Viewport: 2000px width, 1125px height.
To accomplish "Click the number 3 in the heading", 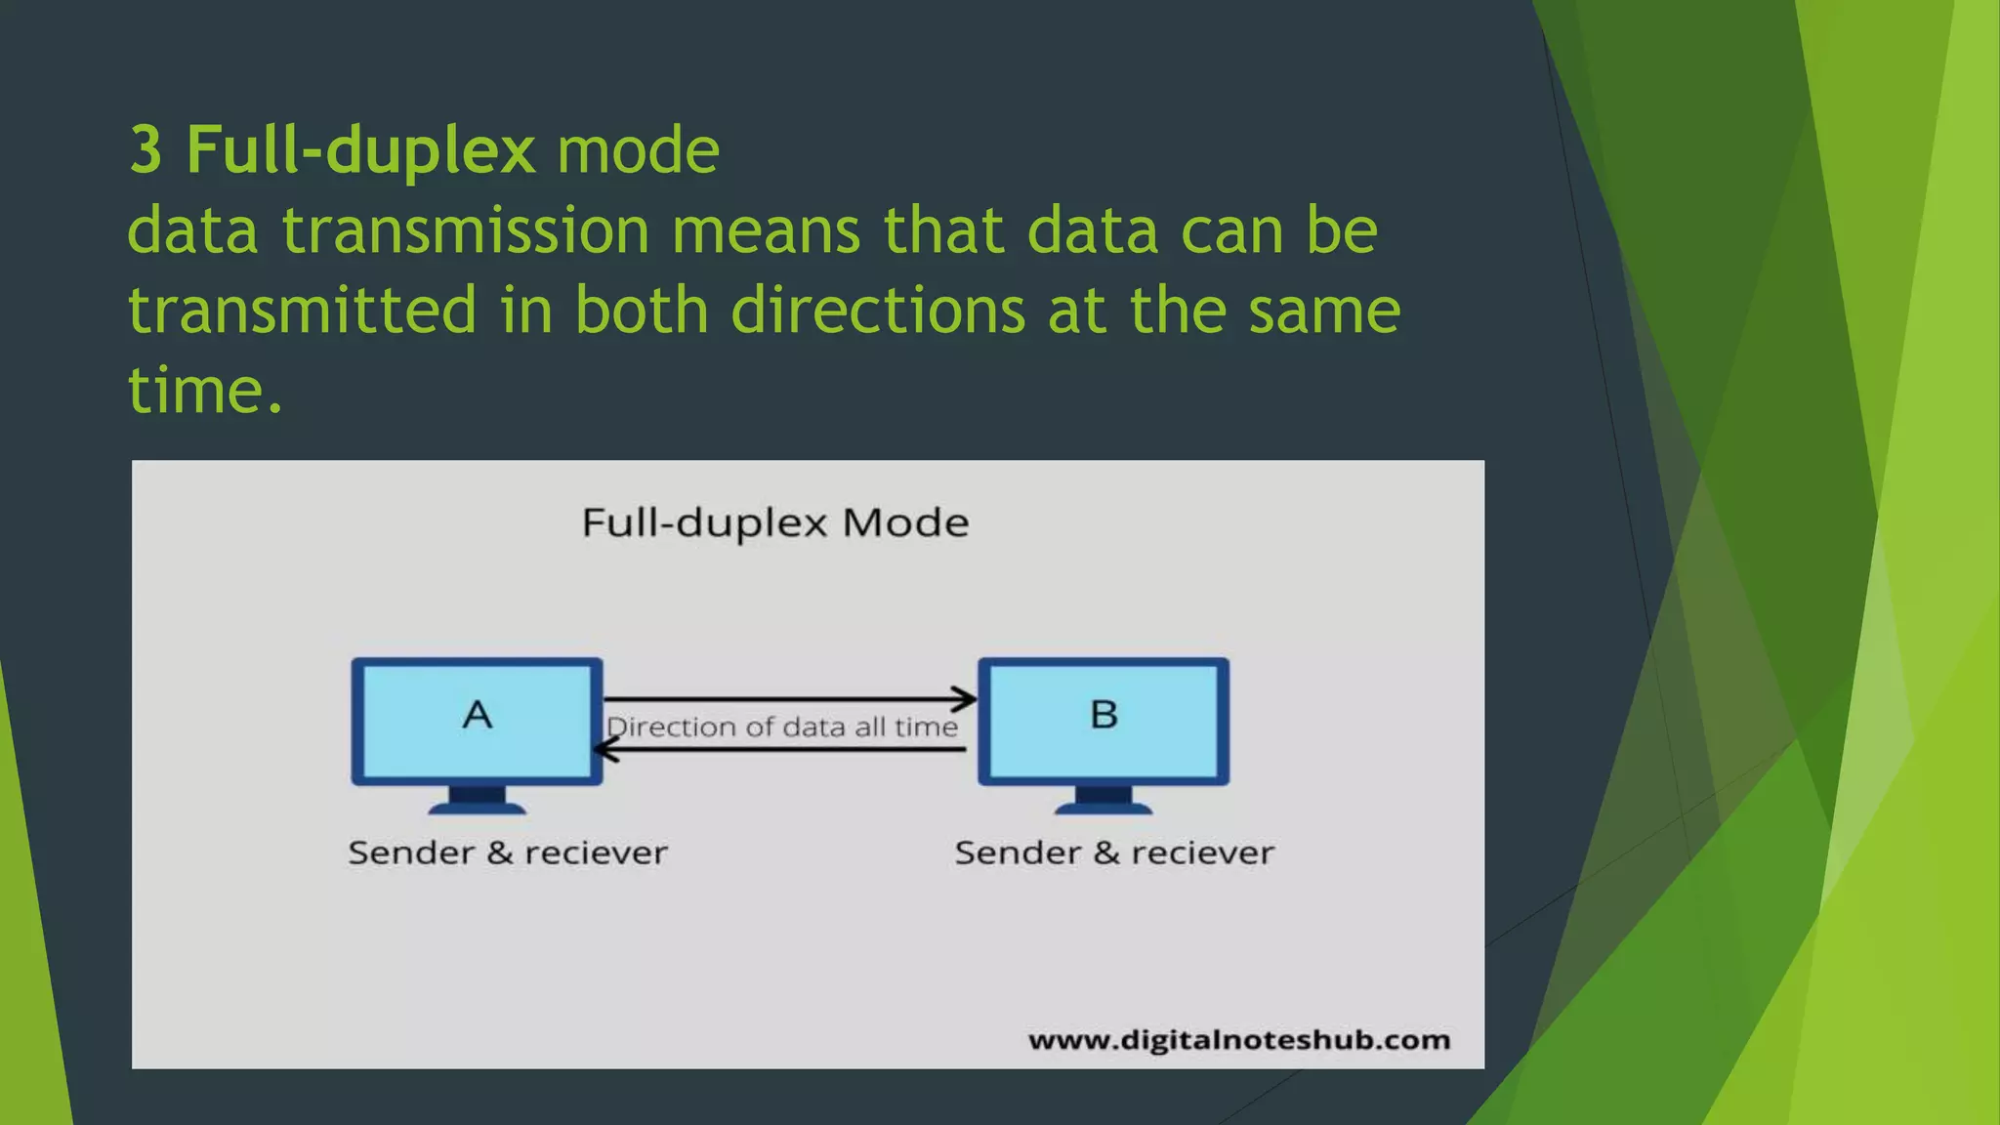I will [145, 150].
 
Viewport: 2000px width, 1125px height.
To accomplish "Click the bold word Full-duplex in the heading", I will [360, 150].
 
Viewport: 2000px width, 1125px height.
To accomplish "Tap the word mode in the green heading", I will [638, 150].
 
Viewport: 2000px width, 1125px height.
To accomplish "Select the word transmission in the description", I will [466, 231].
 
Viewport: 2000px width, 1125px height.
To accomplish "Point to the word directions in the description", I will [878, 311].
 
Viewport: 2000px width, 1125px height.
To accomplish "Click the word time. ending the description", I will [205, 391].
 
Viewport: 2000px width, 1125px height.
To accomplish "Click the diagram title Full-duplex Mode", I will [775, 523].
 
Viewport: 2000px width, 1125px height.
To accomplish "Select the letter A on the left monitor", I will [477, 715].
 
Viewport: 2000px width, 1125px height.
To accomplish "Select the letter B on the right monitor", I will [1104, 715].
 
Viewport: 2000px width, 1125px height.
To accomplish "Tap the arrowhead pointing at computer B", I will [966, 699].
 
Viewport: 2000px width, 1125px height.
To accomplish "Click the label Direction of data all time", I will [782, 727].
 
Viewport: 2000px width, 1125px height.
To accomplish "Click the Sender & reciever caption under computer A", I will [508, 853].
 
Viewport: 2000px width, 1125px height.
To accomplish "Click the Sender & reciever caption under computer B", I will [1114, 853].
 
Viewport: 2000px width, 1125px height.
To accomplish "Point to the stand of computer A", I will [477, 799].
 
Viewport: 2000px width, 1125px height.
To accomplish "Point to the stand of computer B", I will [1104, 799].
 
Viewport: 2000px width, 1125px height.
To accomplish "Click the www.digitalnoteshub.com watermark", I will [1238, 1040].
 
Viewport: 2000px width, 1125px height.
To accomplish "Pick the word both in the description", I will [641, 311].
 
